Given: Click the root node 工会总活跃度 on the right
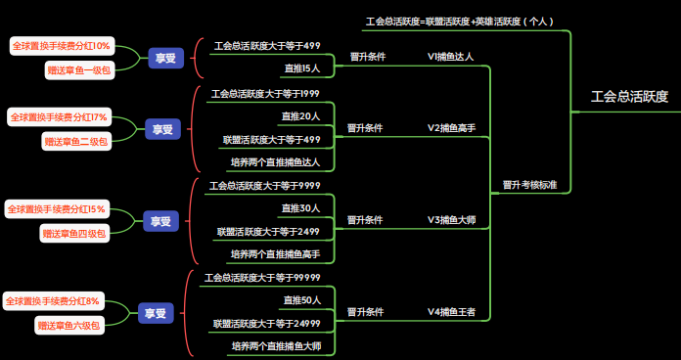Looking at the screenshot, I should [629, 96].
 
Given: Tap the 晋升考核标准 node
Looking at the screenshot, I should [529, 184].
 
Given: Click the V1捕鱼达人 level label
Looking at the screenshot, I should [450, 57].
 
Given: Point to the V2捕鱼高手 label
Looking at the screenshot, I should [451, 128].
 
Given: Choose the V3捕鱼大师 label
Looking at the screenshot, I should [451, 220].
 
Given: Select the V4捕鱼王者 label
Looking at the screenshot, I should [451, 312].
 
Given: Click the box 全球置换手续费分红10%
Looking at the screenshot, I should [62, 46].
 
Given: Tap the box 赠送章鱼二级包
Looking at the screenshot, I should [76, 142].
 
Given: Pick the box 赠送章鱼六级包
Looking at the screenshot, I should [69, 325].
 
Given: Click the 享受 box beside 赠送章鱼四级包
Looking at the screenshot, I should [159, 222].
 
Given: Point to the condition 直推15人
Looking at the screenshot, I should [301, 68].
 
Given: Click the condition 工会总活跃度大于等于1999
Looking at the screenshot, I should [265, 94].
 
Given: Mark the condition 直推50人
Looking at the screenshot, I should [301, 299].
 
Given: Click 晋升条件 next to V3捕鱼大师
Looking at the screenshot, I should [365, 220].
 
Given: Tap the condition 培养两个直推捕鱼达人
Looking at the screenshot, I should [275, 162].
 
